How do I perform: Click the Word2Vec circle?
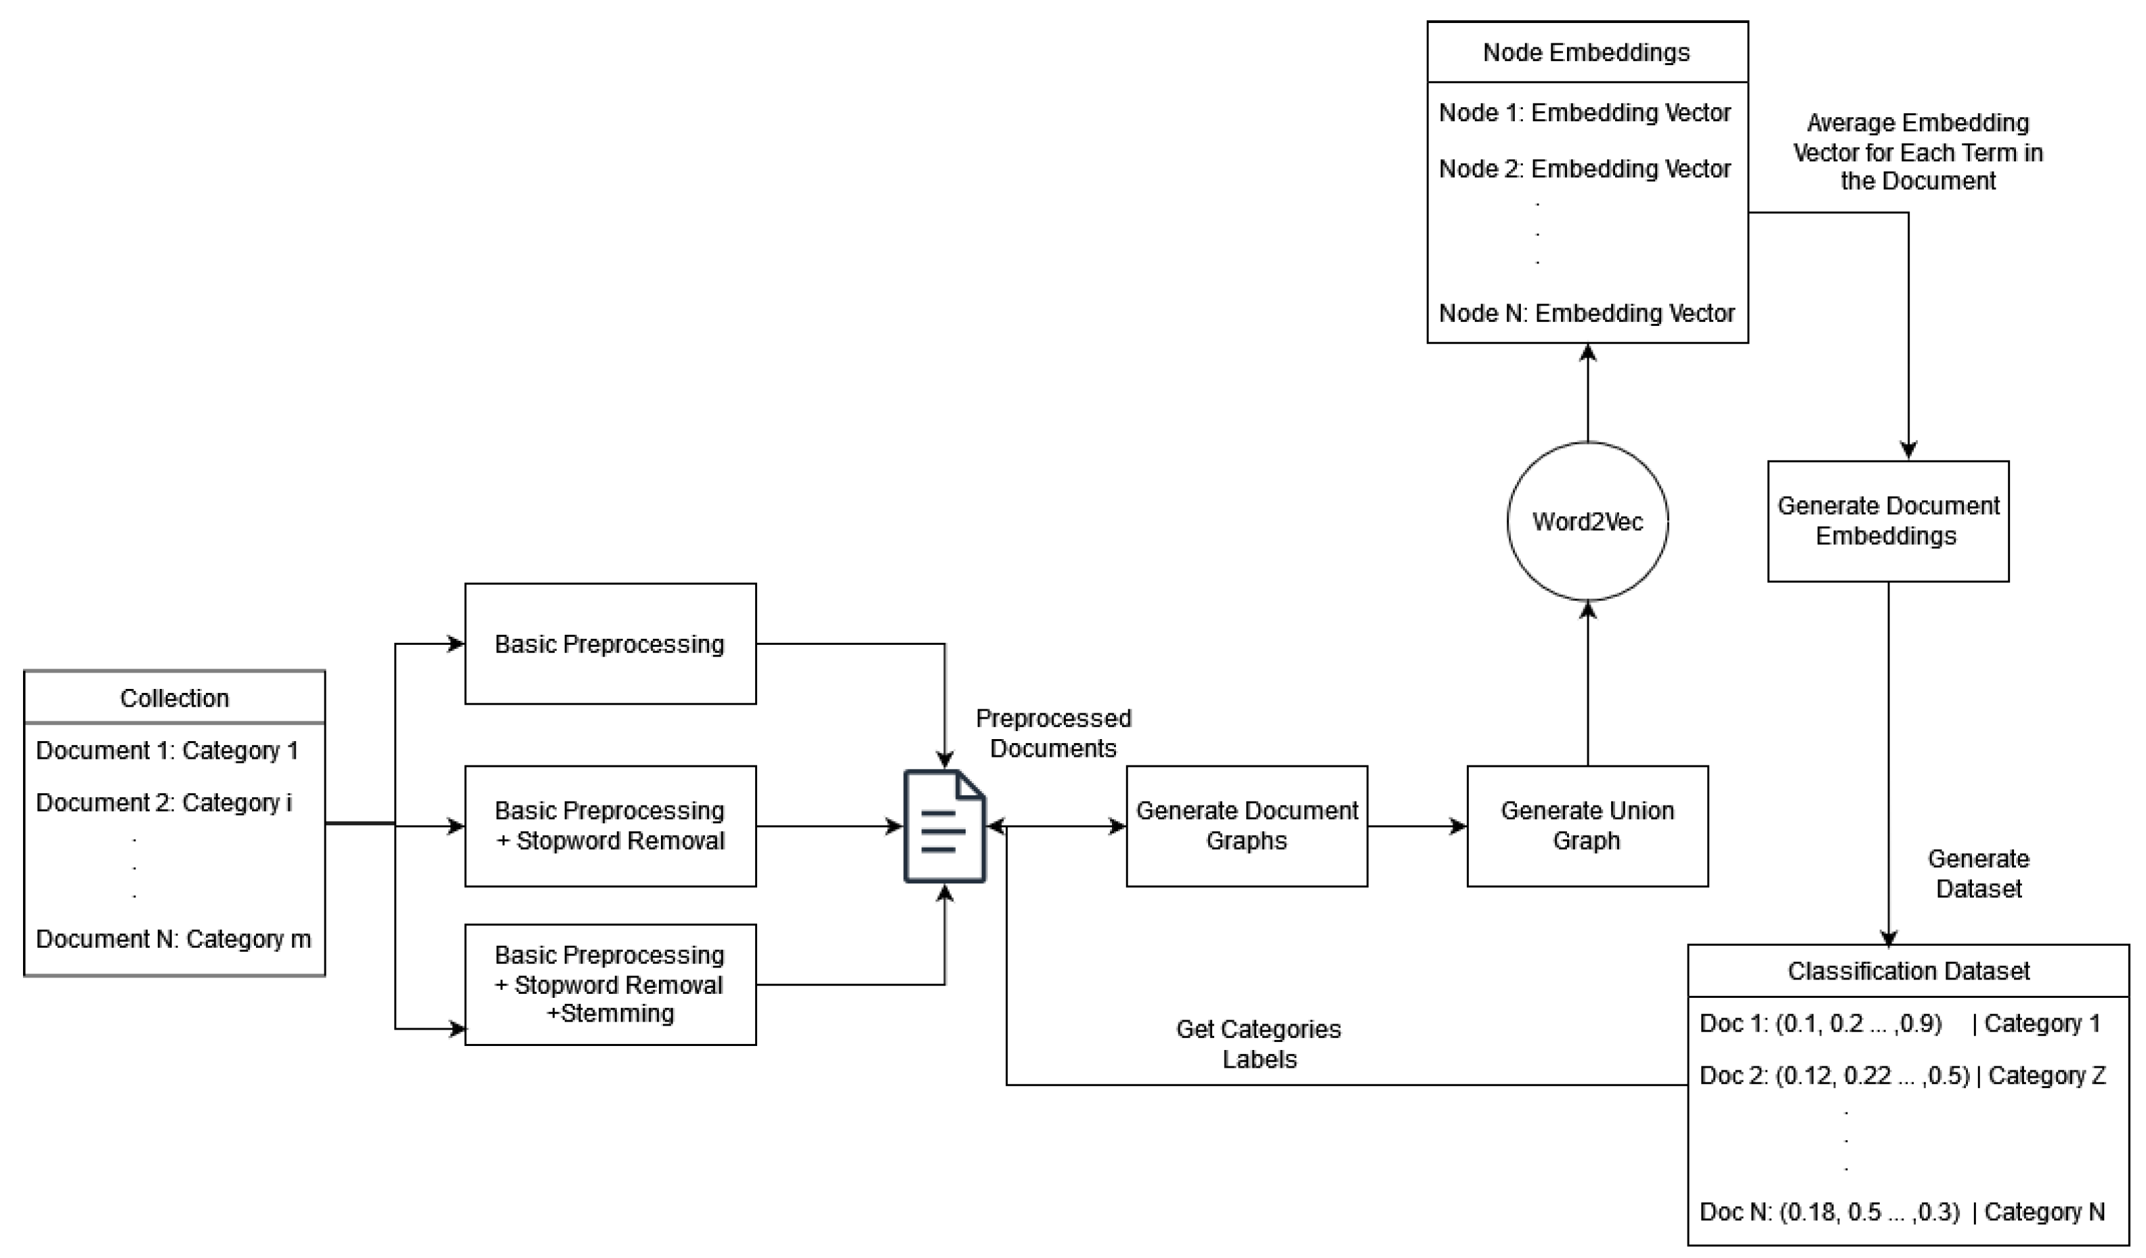(1587, 521)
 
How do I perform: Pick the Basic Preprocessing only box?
(609, 644)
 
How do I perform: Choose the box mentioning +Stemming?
(609, 984)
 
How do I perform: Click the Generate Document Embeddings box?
(1888, 521)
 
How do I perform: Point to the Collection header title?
(175, 698)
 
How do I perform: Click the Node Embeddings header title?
(1587, 52)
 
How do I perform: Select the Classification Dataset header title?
(1908, 971)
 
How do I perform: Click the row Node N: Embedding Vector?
(1587, 314)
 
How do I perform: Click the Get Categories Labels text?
(1259, 1044)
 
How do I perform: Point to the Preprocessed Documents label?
(1054, 734)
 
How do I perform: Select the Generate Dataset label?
(1978, 874)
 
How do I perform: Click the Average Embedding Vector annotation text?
(1918, 152)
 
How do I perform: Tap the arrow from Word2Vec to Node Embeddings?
(1587, 393)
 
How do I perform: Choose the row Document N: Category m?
(174, 939)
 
